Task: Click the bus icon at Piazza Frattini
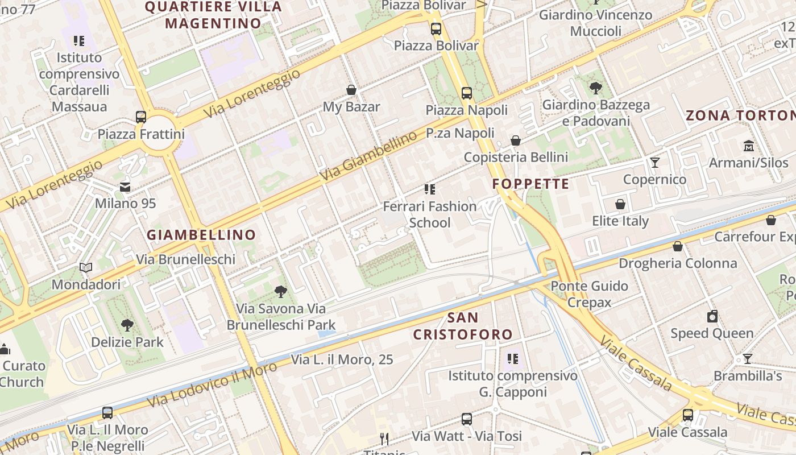(141, 117)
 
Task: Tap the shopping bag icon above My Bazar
(351, 90)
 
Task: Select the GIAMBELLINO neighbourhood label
(201, 234)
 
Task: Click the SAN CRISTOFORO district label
(462, 326)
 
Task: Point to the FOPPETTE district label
(530, 184)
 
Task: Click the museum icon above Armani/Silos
(748, 146)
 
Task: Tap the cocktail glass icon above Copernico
(655, 163)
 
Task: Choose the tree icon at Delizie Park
(127, 325)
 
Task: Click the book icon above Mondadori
(86, 267)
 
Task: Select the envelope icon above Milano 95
(125, 187)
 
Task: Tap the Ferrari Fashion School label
(430, 214)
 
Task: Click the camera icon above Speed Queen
(712, 316)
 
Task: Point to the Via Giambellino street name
(368, 156)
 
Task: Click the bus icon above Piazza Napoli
(467, 93)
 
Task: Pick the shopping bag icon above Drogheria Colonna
(678, 246)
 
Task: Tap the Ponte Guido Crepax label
(590, 294)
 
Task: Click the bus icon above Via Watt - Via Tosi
(467, 419)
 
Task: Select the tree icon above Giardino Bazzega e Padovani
(596, 88)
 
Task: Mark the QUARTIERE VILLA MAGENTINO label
(213, 15)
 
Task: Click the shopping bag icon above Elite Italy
(620, 204)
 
